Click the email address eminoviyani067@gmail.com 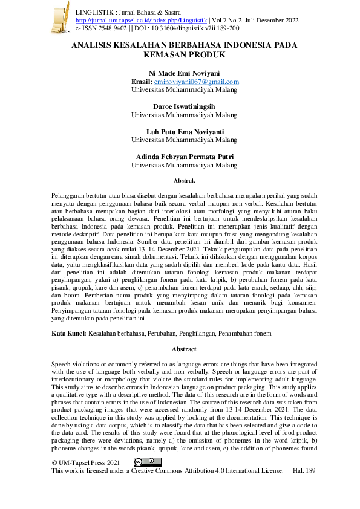tap(197, 82)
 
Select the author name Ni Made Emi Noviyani tap(185, 73)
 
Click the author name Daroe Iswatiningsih tap(184, 106)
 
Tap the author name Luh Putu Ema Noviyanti tap(185, 131)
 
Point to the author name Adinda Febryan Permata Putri tap(185, 157)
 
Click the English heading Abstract tap(185, 349)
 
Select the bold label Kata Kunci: tap(69, 333)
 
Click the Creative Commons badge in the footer tap(147, 462)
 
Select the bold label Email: tap(142, 82)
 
